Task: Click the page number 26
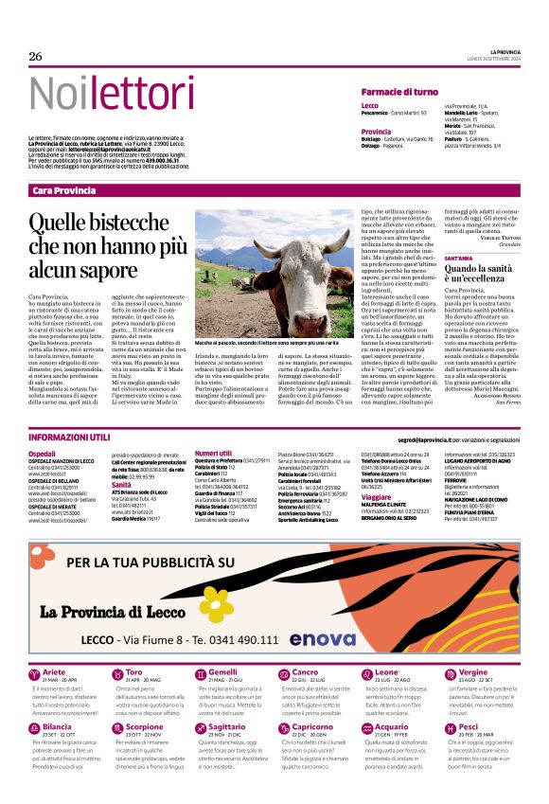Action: (36, 57)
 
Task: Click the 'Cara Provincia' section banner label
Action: (63, 191)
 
